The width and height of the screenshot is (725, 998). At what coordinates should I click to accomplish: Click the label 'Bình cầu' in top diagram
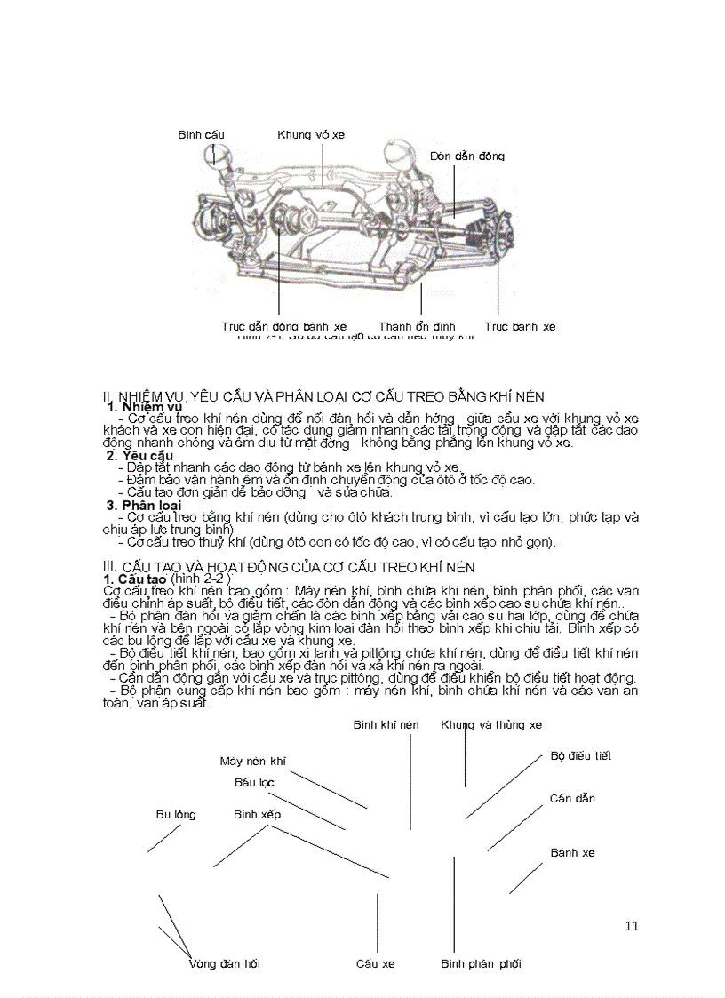tap(201, 135)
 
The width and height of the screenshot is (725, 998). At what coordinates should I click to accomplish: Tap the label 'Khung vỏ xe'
tap(311, 135)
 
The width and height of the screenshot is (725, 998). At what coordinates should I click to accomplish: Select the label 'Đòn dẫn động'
tap(466, 156)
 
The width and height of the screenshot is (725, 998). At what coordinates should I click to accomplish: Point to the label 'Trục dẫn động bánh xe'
tap(284, 326)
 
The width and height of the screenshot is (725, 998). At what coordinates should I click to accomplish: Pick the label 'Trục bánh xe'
tap(520, 326)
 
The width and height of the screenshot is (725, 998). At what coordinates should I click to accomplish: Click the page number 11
tap(632, 926)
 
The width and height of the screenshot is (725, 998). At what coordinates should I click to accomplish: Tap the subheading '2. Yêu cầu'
tap(140, 456)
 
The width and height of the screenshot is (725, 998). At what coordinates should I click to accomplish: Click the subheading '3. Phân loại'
tap(144, 505)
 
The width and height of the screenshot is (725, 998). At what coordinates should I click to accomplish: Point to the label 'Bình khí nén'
tap(386, 724)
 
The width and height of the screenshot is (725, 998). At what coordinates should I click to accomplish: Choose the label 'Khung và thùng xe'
tap(491, 724)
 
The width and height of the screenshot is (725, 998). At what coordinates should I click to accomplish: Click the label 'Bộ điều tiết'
tap(580, 756)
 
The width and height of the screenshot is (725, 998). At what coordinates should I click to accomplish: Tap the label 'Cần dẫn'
tap(572, 798)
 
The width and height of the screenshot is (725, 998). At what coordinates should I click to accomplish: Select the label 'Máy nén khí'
tap(253, 761)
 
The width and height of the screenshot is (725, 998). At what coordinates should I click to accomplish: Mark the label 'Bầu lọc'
tap(254, 782)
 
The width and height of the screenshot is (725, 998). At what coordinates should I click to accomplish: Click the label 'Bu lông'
tap(176, 814)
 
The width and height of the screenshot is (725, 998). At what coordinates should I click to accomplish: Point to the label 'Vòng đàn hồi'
tap(225, 963)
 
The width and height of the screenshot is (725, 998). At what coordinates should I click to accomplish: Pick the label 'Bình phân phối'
tap(481, 963)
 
